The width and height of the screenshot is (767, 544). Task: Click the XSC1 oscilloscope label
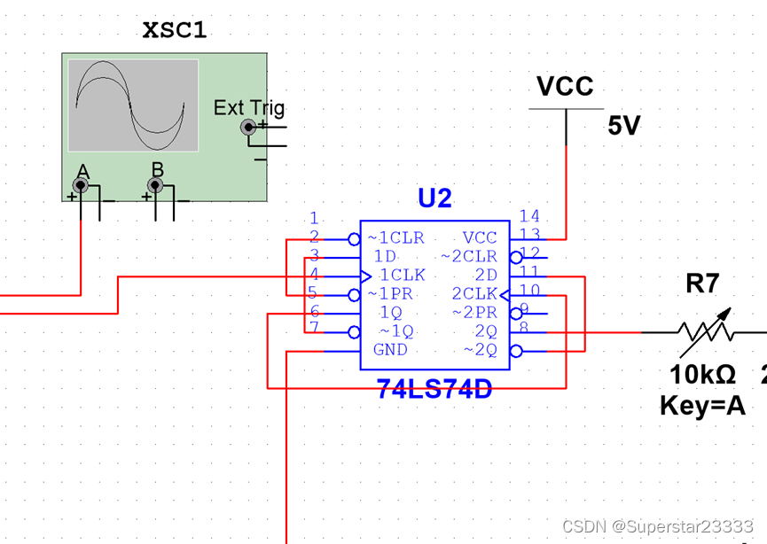tap(175, 29)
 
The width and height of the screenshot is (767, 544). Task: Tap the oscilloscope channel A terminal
tap(81, 185)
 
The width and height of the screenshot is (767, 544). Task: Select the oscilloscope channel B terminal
tap(156, 185)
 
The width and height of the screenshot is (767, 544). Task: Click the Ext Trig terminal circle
tap(249, 128)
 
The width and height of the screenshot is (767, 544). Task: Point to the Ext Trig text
tap(249, 108)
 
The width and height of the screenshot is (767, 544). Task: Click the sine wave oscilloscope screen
tap(133, 105)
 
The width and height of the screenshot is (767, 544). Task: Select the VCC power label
tap(565, 87)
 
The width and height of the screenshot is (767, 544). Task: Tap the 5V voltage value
tap(623, 127)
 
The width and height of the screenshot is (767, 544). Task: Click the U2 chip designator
tap(434, 198)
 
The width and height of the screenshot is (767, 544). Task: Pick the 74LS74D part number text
tap(434, 389)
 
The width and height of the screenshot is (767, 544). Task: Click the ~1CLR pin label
tap(395, 238)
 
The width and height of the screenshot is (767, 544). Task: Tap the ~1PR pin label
tap(390, 294)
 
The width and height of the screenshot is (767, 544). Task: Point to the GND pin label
tap(390, 350)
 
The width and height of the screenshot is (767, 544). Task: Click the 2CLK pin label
tap(474, 294)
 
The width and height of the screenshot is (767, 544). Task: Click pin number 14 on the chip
tap(529, 216)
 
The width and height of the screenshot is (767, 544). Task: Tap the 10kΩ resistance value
tap(702, 375)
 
